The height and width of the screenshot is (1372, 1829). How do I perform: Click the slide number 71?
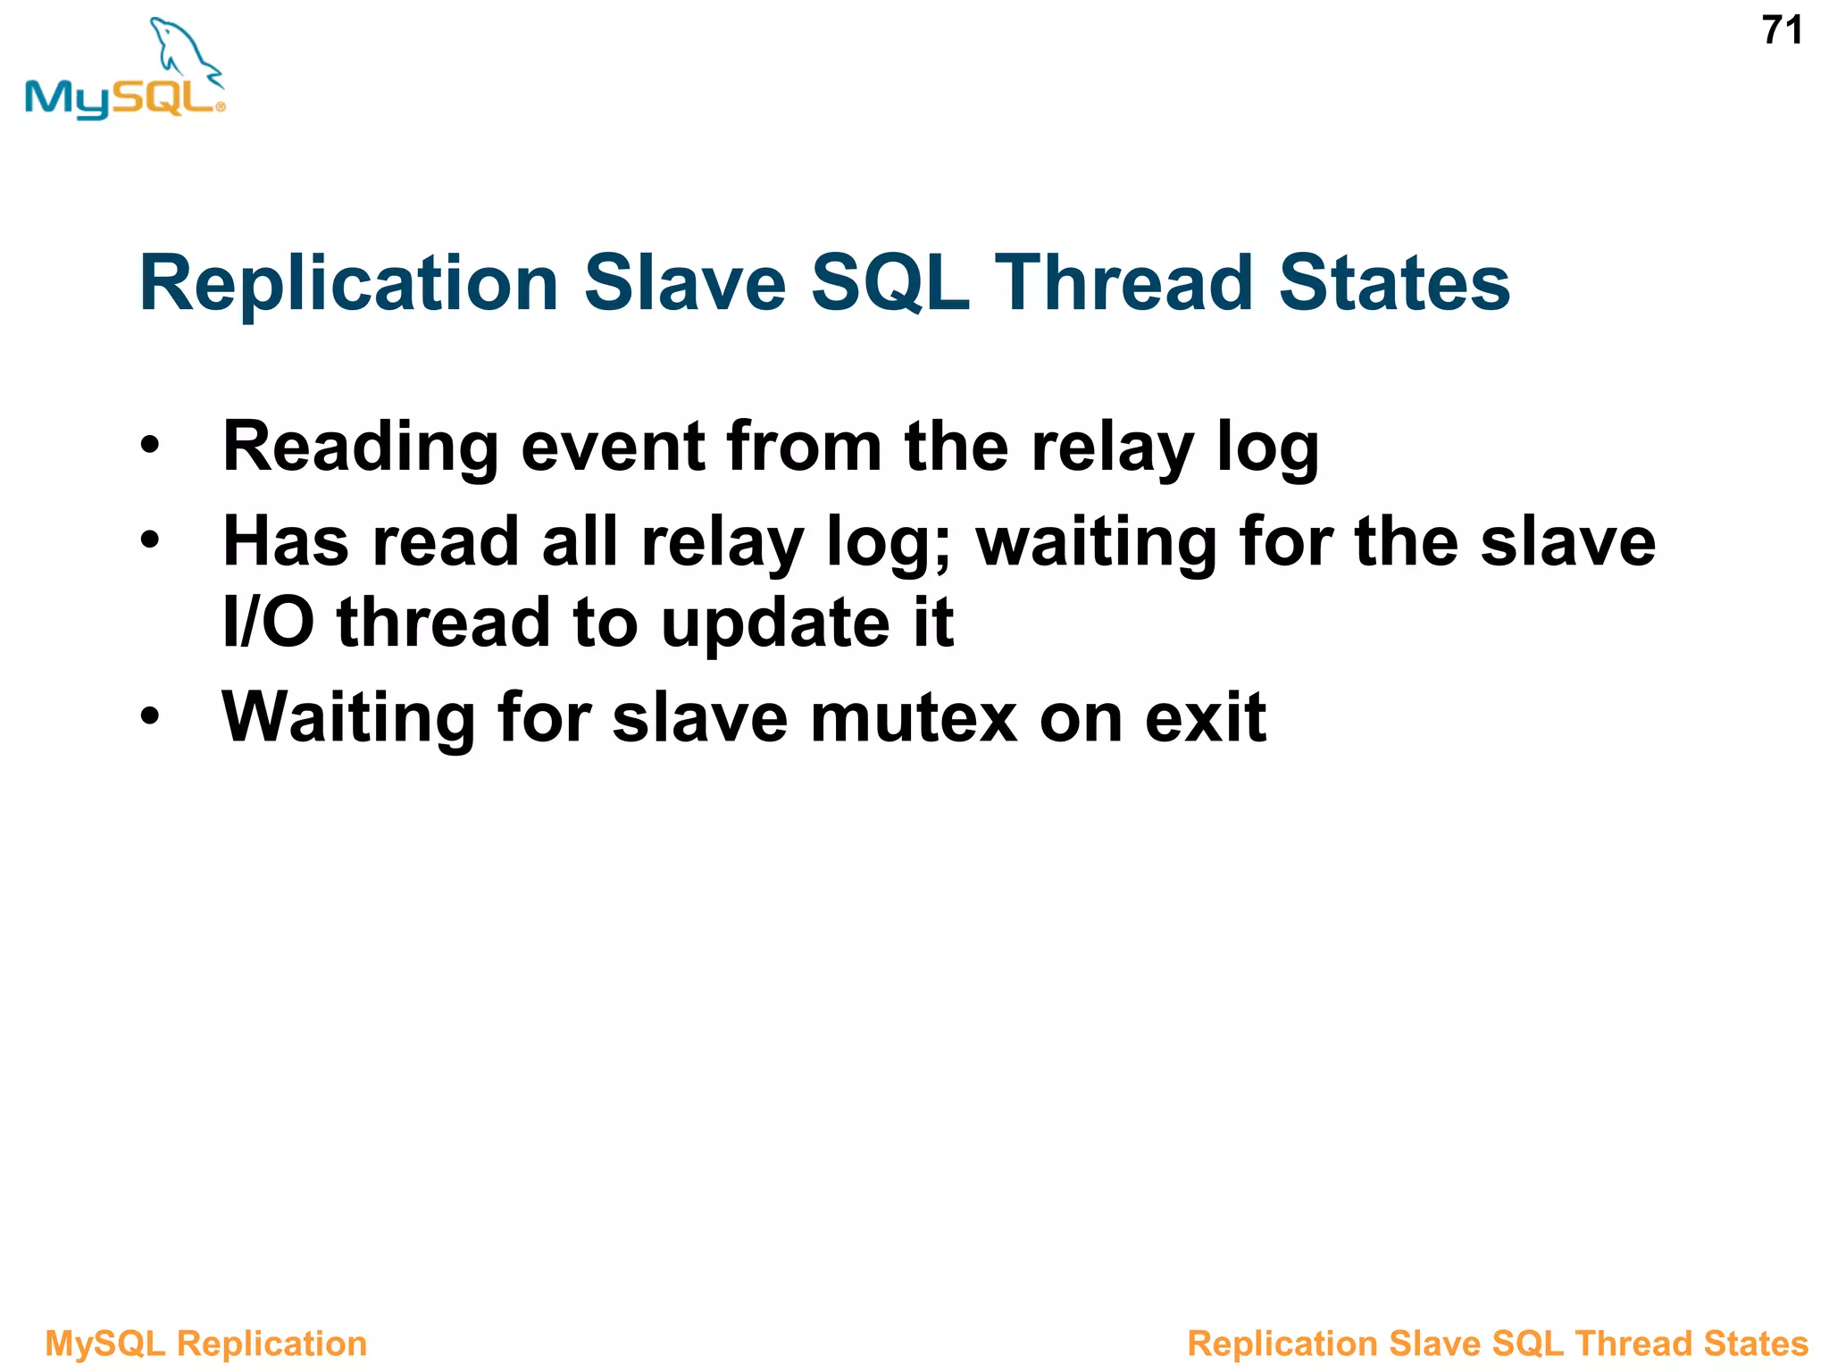[x=1782, y=31]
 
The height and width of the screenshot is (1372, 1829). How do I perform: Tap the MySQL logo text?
[x=121, y=98]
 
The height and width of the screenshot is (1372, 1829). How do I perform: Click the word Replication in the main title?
[x=349, y=283]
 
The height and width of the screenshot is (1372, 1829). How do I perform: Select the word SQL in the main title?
[x=889, y=283]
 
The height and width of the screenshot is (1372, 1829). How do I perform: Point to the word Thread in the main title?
[x=1123, y=283]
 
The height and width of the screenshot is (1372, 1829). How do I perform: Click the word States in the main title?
[x=1394, y=283]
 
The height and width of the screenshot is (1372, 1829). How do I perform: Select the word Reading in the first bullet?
[x=360, y=448]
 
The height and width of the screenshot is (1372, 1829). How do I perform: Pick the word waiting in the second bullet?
[x=1096, y=543]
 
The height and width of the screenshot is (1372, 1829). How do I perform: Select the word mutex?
[x=913, y=717]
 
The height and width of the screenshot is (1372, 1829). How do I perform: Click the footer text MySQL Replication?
[x=206, y=1343]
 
